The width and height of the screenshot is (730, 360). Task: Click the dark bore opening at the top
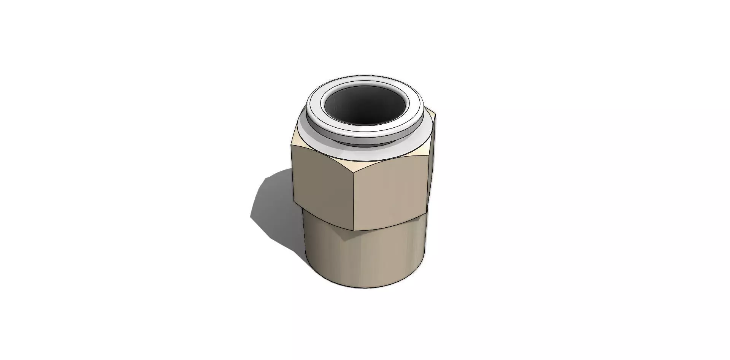pyautogui.click(x=365, y=105)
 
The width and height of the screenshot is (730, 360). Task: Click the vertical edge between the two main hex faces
pyautogui.click(x=354, y=201)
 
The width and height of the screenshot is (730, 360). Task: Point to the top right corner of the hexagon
pyautogui.click(x=435, y=114)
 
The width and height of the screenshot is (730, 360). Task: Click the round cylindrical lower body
pyautogui.click(x=365, y=259)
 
